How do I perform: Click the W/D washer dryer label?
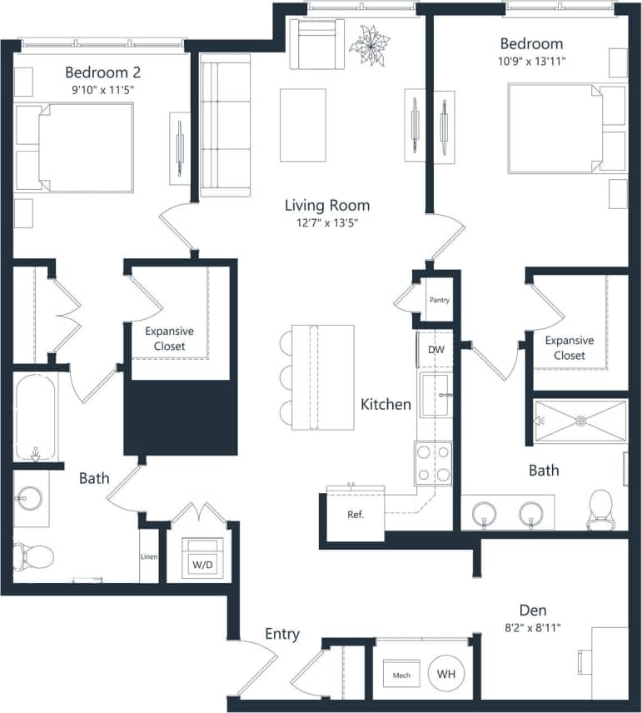coord(202,565)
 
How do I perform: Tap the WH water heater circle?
coord(447,673)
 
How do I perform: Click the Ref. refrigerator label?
coord(356,514)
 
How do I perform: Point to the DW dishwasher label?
coord(436,350)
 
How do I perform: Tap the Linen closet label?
coord(150,557)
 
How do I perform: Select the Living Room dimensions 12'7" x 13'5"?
coord(326,222)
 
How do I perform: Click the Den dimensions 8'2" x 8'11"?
coord(531,627)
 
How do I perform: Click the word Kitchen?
coord(386,405)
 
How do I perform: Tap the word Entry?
coord(281,634)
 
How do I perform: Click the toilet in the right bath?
coord(600,509)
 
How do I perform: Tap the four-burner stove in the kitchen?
coord(433,463)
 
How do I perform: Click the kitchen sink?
coord(434,395)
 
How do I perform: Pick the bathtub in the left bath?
coord(35,416)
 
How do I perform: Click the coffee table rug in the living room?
coord(302,125)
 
